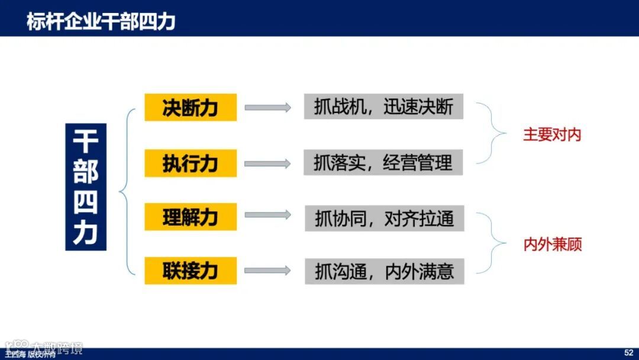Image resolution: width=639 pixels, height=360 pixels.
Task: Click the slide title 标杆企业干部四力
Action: pyautogui.click(x=101, y=22)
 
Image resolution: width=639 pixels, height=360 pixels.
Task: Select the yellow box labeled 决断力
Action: pyautogui.click(x=191, y=107)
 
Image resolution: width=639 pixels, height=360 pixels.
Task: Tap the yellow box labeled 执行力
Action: pyautogui.click(x=191, y=163)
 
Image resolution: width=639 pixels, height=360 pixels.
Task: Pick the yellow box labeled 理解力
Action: pyautogui.click(x=191, y=217)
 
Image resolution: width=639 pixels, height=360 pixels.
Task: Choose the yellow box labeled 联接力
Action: pyautogui.click(x=191, y=271)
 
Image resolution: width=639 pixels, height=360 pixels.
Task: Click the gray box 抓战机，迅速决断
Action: pyautogui.click(x=383, y=107)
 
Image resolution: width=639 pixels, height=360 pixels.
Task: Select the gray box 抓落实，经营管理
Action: pyautogui.click(x=383, y=162)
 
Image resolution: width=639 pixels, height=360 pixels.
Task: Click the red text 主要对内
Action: pyautogui.click(x=552, y=134)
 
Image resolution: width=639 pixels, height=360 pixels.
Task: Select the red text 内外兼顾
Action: pyautogui.click(x=553, y=245)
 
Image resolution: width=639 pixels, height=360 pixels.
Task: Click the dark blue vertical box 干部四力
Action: pyautogui.click(x=86, y=187)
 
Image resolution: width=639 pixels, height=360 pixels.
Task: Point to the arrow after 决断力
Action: pyautogui.click(x=268, y=107)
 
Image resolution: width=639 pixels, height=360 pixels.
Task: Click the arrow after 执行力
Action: pyautogui.click(x=268, y=163)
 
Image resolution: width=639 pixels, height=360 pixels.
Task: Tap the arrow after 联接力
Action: pyautogui.click(x=268, y=271)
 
